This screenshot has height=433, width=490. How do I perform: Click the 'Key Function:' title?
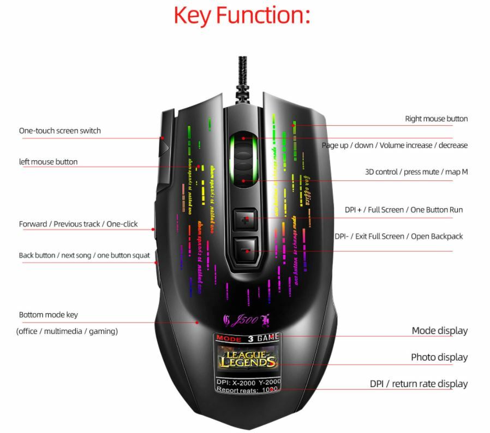coord(242,15)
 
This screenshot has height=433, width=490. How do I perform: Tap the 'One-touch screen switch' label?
coord(60,131)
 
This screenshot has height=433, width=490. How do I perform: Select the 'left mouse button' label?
coord(49,162)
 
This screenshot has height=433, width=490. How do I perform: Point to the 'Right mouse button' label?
coord(436,119)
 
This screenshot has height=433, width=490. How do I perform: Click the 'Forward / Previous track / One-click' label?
coord(79,224)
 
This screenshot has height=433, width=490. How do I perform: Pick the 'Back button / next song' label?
coord(85,255)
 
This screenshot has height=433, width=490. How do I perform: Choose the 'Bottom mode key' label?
coord(49,315)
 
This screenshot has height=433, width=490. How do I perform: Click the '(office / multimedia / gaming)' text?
coord(67,331)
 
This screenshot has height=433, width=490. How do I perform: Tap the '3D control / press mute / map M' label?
coord(416,172)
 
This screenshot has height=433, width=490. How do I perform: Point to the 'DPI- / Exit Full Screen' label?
coord(398,236)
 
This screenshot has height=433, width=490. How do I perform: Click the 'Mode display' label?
coord(439,331)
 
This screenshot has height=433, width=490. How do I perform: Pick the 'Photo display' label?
coord(439,358)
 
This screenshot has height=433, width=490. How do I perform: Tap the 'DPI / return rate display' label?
coord(419,384)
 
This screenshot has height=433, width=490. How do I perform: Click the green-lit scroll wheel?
coord(243,159)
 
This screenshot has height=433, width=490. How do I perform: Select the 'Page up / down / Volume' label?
coord(395,145)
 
